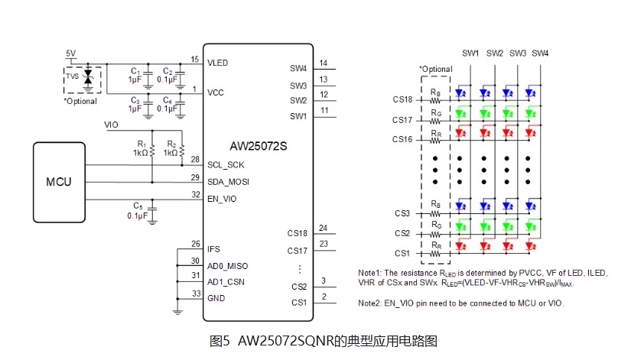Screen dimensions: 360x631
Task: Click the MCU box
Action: (x=58, y=182)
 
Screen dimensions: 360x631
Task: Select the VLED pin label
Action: (x=218, y=63)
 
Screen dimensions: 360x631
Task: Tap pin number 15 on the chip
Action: (x=195, y=59)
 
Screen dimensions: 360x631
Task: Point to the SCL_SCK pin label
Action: (x=226, y=165)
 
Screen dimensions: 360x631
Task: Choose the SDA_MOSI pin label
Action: (x=228, y=182)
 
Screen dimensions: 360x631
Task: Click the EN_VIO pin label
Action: (x=223, y=199)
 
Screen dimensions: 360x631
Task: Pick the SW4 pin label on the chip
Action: (x=298, y=68)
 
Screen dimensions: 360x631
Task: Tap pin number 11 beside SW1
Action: (x=324, y=111)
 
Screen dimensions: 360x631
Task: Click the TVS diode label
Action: (x=72, y=76)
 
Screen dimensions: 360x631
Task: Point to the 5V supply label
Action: (x=70, y=54)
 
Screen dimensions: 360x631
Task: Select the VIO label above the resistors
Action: (x=112, y=124)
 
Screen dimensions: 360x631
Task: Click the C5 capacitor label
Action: (x=138, y=206)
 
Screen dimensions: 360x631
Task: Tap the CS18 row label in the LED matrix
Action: (x=402, y=100)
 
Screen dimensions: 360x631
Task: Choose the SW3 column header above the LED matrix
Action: (x=518, y=53)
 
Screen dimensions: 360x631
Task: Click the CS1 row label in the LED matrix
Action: (x=402, y=253)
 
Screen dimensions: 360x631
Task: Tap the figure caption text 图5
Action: (x=220, y=342)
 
